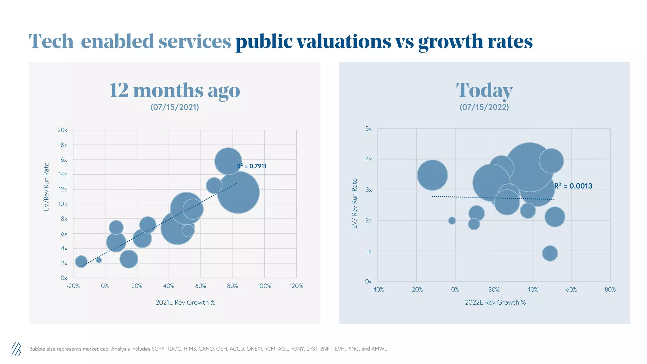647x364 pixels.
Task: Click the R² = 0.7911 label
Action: tap(252, 166)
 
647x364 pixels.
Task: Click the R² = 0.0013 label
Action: tap(573, 186)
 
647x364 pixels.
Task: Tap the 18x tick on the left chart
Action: tap(63, 145)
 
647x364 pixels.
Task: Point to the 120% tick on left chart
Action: tap(296, 286)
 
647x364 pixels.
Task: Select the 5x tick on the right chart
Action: tap(368, 129)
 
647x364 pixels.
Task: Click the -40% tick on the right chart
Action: tap(377, 290)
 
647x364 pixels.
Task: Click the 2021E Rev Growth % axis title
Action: tap(185, 302)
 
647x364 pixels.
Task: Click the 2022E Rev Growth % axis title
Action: tap(495, 302)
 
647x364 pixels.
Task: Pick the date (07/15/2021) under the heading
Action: tap(175, 107)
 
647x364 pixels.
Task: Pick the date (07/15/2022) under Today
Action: tap(484, 107)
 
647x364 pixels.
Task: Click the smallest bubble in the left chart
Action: tap(99, 260)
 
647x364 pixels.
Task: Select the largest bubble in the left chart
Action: tap(239, 192)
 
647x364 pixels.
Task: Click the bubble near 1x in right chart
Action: tap(550, 253)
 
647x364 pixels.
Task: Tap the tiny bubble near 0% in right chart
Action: tap(452, 221)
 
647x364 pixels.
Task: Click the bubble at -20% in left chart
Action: tap(81, 261)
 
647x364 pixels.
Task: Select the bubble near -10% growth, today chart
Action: tap(432, 175)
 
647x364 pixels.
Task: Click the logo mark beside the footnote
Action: tap(16, 349)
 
